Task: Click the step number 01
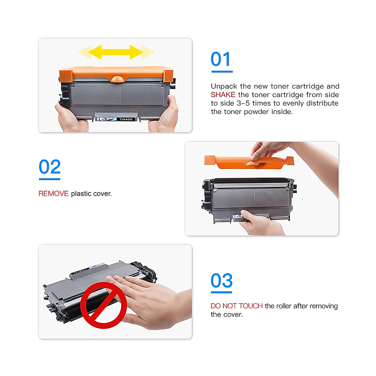tap(221, 60)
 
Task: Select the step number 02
tap(50, 167)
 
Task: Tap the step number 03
tap(222, 281)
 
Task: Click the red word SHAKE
tap(223, 95)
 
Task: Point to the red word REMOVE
tap(53, 194)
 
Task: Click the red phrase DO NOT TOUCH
tap(237, 306)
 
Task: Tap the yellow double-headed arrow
tap(116, 52)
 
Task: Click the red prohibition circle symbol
tap(104, 305)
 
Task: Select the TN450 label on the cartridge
tap(126, 119)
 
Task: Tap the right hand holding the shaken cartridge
tap(164, 116)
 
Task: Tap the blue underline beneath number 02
tap(50, 179)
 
